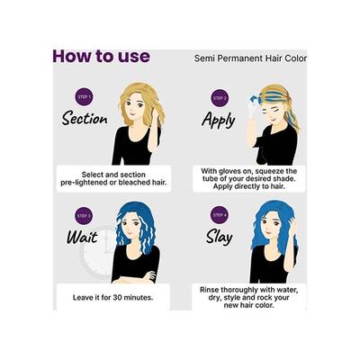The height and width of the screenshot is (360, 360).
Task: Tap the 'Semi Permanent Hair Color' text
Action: pos(250,58)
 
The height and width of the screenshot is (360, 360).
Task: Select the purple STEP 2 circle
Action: pos(220,97)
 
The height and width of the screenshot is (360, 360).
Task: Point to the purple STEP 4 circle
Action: pos(220,217)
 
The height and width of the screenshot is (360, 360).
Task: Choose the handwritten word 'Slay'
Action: pos(217,239)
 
